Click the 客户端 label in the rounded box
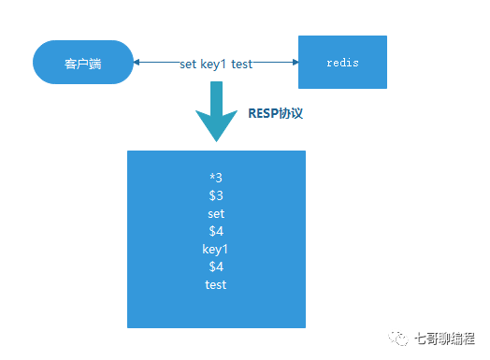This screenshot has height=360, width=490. (x=82, y=64)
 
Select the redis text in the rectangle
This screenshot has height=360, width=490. (x=342, y=63)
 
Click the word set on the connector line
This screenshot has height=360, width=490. (x=190, y=64)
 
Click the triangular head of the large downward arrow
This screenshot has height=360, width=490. (x=216, y=126)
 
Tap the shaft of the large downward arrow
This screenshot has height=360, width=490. (x=216, y=95)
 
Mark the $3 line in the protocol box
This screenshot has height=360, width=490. (x=216, y=196)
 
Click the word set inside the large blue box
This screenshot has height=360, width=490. (x=216, y=214)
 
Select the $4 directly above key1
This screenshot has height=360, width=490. (x=216, y=232)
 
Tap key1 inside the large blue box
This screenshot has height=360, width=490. (x=216, y=250)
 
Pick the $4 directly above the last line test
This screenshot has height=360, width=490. (x=216, y=267)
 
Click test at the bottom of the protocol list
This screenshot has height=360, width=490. (x=216, y=285)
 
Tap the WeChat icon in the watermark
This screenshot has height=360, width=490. (x=399, y=338)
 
